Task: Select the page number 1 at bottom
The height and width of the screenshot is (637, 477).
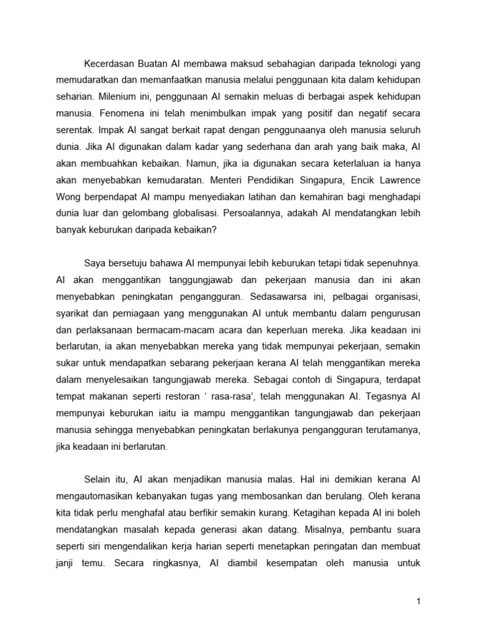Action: pos(419,601)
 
